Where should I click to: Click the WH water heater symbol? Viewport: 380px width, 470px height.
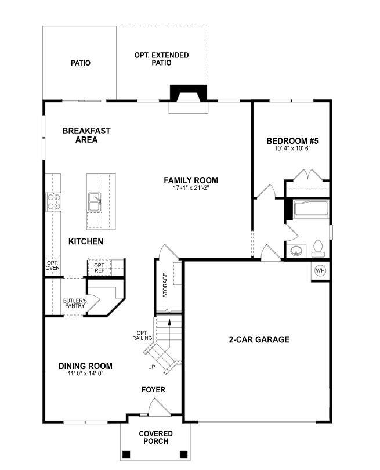[320, 270]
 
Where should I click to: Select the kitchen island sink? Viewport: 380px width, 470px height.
[95, 203]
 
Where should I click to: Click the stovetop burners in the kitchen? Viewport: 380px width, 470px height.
[54, 201]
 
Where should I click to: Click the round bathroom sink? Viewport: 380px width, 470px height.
[296, 251]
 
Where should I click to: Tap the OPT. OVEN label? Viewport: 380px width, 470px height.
[53, 265]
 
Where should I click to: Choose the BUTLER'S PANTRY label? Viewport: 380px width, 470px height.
[74, 303]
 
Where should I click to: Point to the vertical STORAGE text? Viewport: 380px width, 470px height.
[165, 285]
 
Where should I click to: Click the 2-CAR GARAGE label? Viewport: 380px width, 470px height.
[259, 339]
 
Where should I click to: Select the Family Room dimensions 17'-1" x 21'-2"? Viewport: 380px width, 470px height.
[191, 188]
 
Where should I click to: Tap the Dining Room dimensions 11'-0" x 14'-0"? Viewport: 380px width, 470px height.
[85, 374]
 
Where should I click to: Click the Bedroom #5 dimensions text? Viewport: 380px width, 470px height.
[292, 149]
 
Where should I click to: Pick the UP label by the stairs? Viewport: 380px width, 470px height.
[151, 367]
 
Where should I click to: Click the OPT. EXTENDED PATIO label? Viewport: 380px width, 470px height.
[161, 59]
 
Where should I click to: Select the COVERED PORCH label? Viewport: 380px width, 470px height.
[154, 438]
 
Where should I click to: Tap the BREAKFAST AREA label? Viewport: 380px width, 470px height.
[86, 135]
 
